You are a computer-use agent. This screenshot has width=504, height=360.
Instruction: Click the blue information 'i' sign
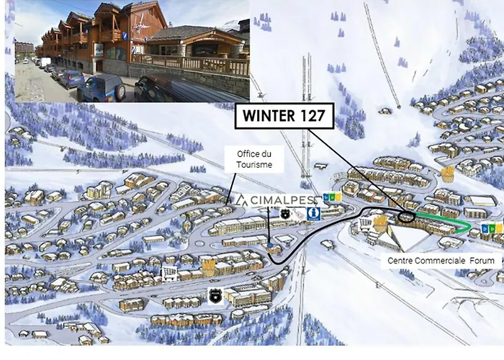pos(313,214)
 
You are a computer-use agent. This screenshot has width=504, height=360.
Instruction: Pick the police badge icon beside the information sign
pos(286,214)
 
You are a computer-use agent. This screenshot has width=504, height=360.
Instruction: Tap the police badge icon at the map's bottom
pos(214,294)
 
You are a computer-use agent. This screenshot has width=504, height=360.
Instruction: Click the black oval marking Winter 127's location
pos(407,215)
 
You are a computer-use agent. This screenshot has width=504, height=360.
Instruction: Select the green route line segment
pos(446,222)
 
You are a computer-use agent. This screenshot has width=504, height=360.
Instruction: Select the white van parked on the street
pos(45,63)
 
